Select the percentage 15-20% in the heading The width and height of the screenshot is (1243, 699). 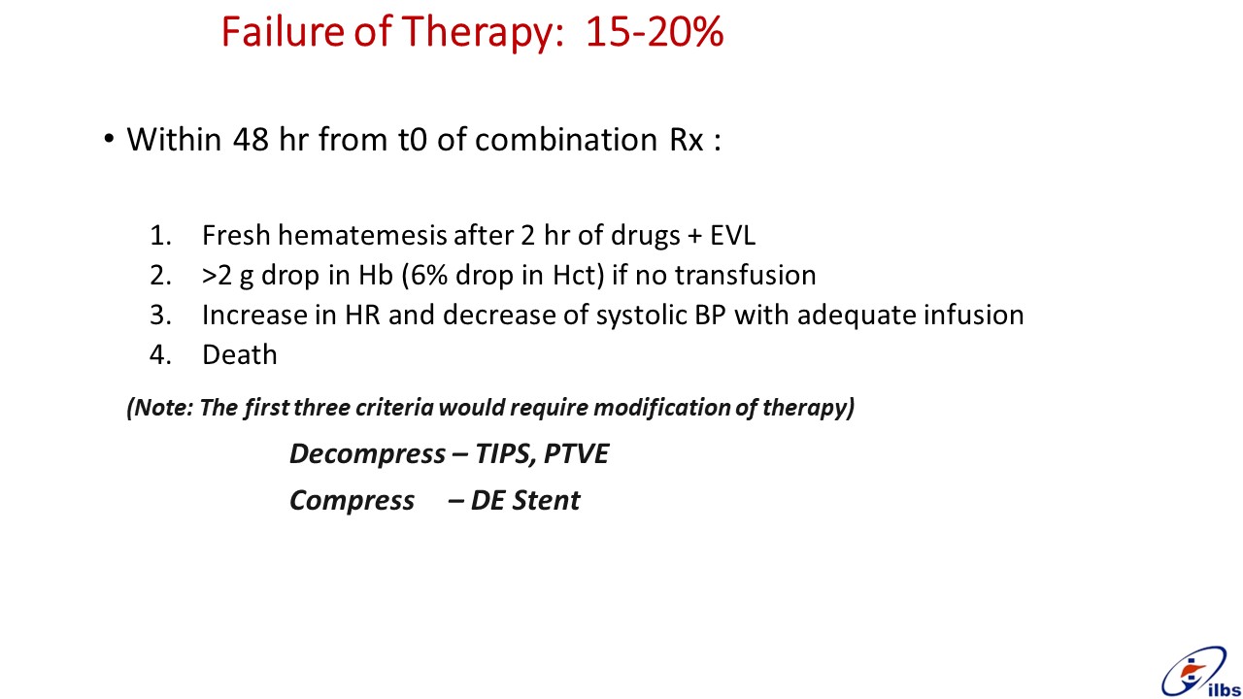tap(655, 32)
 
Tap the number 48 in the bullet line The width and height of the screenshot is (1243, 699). tap(252, 139)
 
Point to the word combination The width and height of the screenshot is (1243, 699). tap(566, 139)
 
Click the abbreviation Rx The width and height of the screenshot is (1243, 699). tap(687, 139)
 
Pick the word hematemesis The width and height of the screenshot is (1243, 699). tap(362, 235)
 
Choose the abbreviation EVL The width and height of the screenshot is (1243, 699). tap(732, 235)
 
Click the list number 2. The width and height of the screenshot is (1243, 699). tap(160, 276)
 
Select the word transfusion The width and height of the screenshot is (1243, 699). tap(745, 275)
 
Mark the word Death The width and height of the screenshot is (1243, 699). tap(240, 355)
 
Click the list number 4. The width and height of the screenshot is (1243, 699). tap(160, 355)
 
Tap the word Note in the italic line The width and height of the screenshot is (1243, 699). tap(162, 407)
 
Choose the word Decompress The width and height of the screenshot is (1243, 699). tap(367, 454)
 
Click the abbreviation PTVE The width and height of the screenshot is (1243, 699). tap(576, 453)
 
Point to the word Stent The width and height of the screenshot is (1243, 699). tap(546, 500)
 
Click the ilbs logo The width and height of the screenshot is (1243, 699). tap(1201, 672)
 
